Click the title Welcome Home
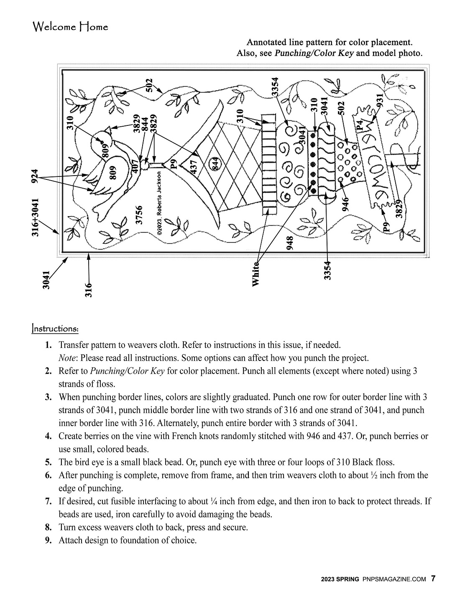click(x=70, y=27)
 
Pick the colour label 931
click(x=380, y=101)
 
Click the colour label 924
click(x=35, y=176)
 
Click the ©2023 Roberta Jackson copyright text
click(x=160, y=206)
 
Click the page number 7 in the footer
click(x=433, y=579)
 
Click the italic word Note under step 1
click(x=67, y=358)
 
